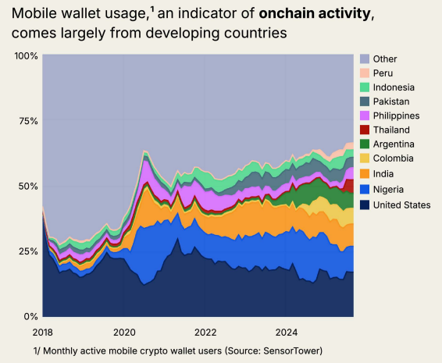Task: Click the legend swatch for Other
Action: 365,59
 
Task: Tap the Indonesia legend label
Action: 394,87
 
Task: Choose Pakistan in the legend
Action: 391,101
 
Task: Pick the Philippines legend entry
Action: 396,116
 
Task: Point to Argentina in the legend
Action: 394,144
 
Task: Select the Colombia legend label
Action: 393,159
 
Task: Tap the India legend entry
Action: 383,173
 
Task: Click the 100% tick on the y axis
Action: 26,56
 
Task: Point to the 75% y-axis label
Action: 28,121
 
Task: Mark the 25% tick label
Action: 28,251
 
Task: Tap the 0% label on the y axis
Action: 30,316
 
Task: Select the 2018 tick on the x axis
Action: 44,330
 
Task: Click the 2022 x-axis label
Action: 205,330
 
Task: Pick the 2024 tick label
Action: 286,330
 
